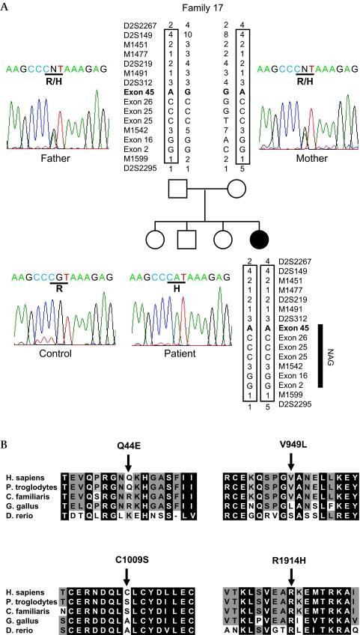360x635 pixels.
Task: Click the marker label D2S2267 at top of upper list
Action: coord(140,25)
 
